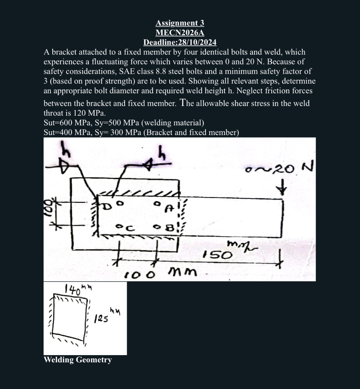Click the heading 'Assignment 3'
[x=180, y=23]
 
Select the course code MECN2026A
[x=180, y=33]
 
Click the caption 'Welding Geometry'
[x=77, y=360]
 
